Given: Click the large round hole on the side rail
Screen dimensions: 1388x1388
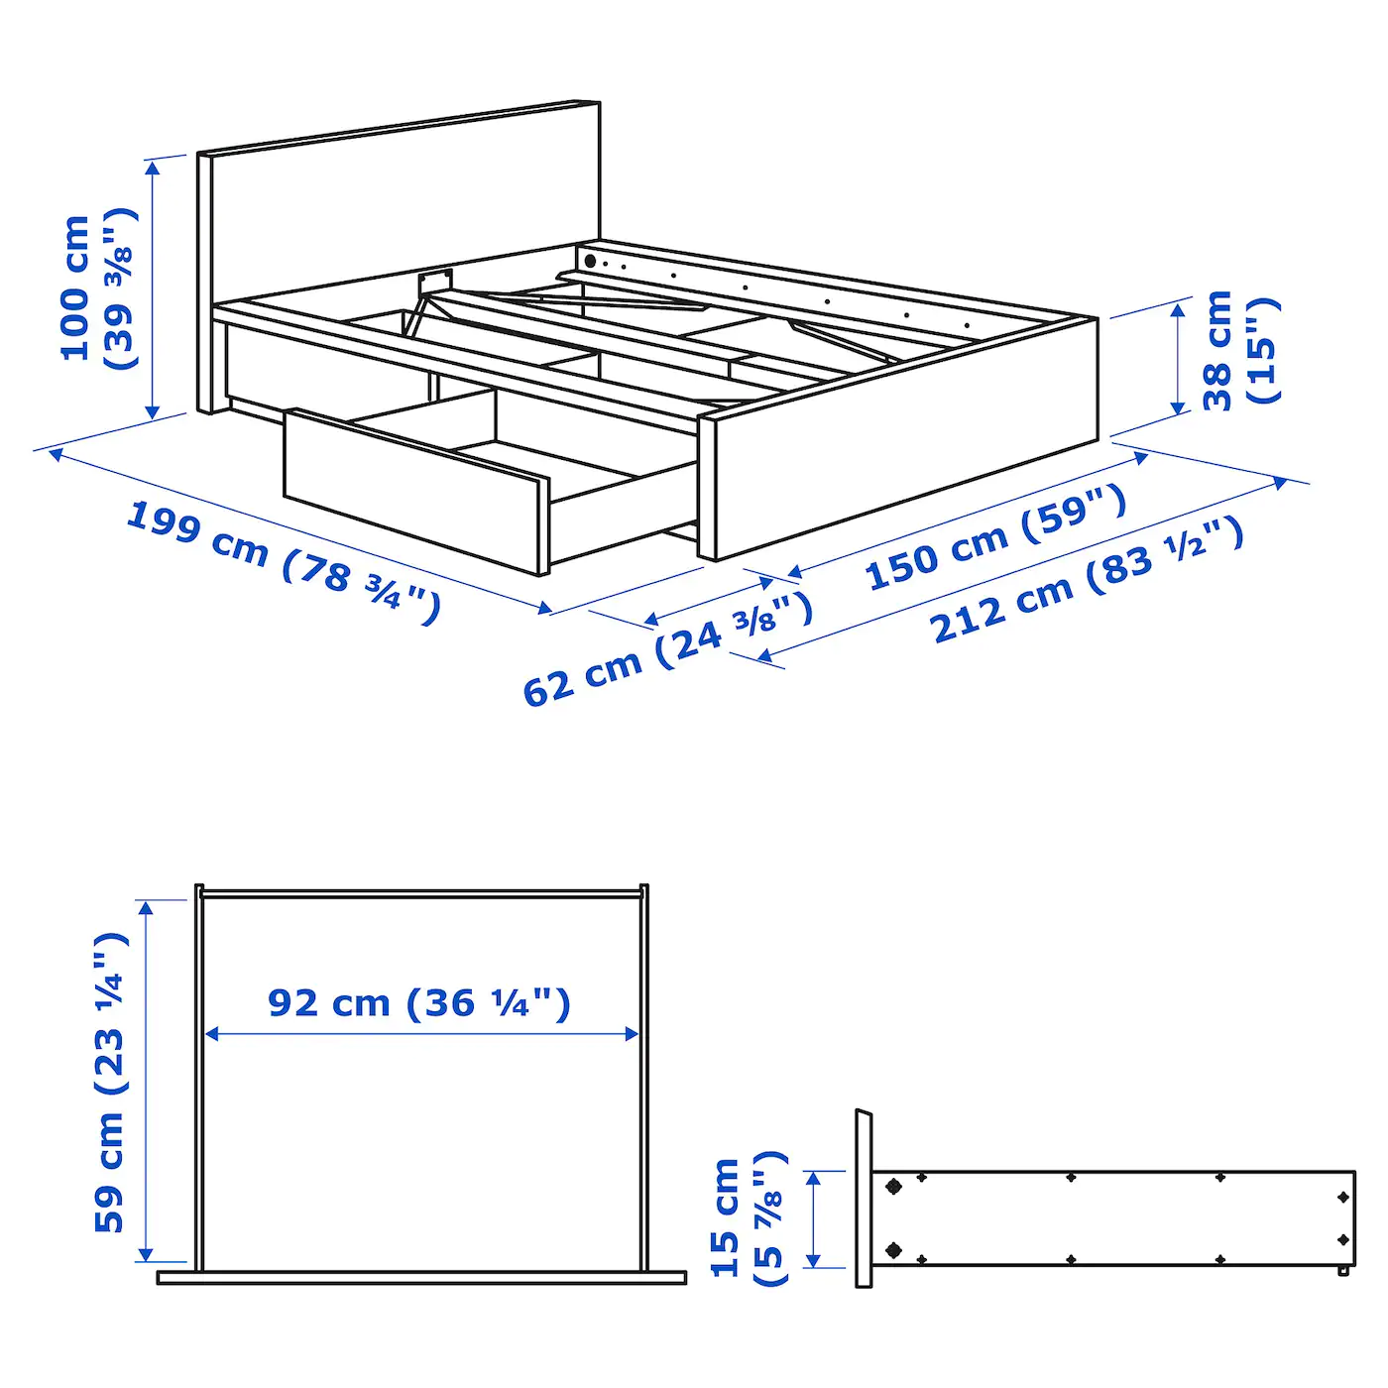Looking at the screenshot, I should point(590,262).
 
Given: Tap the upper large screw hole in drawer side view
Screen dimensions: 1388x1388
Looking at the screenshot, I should point(894,1186).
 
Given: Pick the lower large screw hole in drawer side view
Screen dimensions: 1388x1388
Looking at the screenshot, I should point(894,1250).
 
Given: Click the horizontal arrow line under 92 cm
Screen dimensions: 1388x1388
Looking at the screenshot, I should point(421,1034).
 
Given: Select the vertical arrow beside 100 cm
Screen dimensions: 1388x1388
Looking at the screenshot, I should point(153,288).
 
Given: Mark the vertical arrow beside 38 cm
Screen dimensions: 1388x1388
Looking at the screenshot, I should point(1178,358).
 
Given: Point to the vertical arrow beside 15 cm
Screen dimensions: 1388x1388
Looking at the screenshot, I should point(814,1219).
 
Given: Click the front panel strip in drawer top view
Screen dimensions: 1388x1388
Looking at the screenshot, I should point(421,1278).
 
